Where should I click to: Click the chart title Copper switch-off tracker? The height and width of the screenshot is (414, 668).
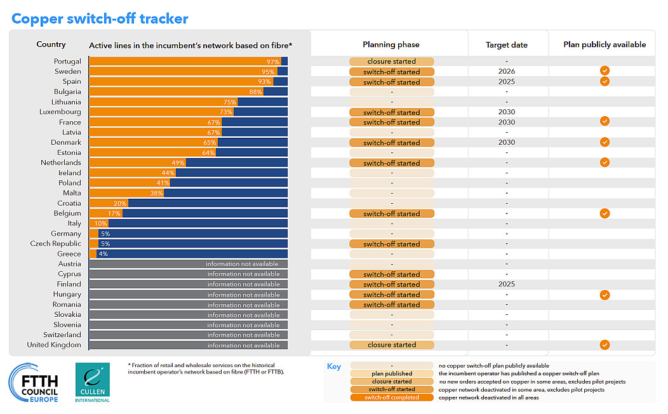click(x=100, y=18)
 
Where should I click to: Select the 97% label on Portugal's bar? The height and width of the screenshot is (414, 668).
click(x=273, y=62)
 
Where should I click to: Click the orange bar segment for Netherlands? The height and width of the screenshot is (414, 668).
click(x=137, y=163)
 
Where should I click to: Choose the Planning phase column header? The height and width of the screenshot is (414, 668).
click(x=391, y=44)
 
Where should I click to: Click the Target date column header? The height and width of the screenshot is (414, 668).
click(x=507, y=45)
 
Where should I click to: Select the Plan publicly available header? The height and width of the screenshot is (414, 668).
click(x=605, y=44)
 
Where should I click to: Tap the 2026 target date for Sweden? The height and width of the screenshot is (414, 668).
click(x=507, y=72)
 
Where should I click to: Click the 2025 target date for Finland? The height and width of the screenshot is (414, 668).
click(x=507, y=284)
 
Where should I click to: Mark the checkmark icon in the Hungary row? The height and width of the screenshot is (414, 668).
click(x=605, y=295)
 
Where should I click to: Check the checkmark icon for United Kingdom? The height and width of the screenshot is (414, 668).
click(x=605, y=345)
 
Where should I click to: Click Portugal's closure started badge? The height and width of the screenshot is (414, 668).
click(x=391, y=62)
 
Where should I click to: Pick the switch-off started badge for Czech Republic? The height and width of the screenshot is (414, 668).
click(x=391, y=244)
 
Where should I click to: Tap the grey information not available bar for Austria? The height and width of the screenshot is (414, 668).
click(x=188, y=264)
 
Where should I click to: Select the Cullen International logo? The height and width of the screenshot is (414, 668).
click(x=92, y=382)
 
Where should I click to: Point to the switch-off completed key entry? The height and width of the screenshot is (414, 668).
click(x=391, y=397)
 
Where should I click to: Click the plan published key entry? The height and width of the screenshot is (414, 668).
click(x=391, y=373)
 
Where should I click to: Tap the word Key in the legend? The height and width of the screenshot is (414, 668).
click(x=334, y=366)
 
